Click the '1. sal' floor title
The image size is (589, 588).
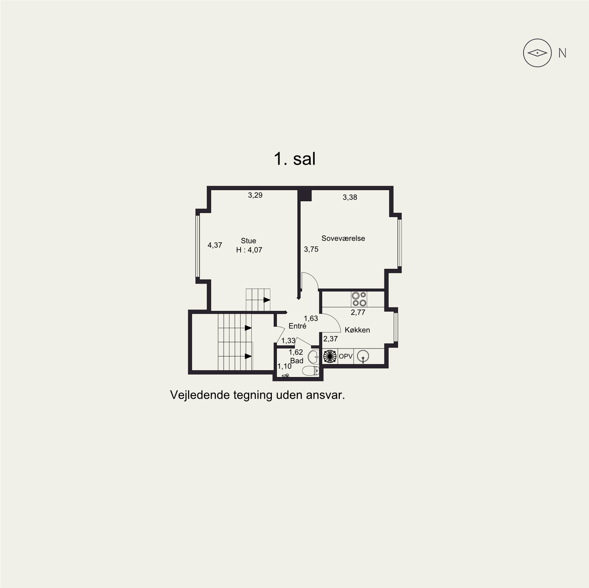tap(295, 159)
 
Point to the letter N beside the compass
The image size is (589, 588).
tap(562, 53)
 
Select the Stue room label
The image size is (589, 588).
tap(248, 241)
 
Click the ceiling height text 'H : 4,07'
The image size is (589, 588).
tap(249, 250)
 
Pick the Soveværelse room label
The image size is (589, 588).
tap(343, 238)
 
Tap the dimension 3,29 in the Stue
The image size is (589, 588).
tap(255, 195)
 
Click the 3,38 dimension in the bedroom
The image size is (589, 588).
tap(350, 197)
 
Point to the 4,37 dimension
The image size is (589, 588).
tap(215, 245)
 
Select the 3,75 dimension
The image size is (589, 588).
tap(311, 249)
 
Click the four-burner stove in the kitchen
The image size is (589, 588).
tap(359, 299)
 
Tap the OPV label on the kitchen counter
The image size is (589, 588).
tap(346, 357)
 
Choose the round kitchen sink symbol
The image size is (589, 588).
tap(363, 356)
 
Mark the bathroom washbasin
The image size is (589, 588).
tap(314, 357)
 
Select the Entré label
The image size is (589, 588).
tap(297, 326)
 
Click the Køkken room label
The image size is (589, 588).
tap(357, 330)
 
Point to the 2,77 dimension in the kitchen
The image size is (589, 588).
tap(358, 312)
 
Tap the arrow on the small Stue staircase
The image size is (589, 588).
tap(267, 300)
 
